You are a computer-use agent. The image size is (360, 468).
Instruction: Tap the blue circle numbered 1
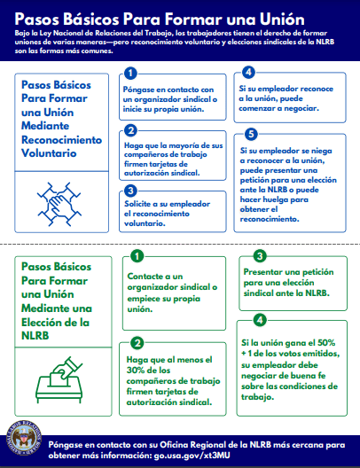(x=130, y=73)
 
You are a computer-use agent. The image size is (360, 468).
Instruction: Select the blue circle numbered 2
(x=130, y=131)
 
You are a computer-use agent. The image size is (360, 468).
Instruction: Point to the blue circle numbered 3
(x=130, y=191)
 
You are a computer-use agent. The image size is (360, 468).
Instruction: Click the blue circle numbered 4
(x=249, y=73)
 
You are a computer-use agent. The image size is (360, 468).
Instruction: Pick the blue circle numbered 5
(x=249, y=134)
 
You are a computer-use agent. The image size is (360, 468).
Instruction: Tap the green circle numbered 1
(x=137, y=256)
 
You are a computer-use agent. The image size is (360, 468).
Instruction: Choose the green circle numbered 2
(x=137, y=343)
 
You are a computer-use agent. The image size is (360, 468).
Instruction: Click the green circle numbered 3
(x=260, y=256)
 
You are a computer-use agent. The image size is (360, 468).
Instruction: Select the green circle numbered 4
(x=260, y=319)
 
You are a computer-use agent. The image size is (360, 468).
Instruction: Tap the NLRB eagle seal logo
(x=25, y=441)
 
